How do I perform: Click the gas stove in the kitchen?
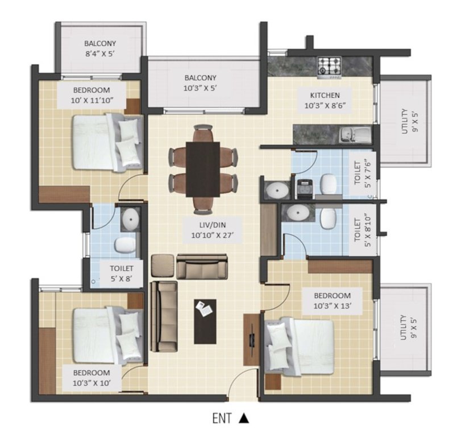pyautogui.click(x=329, y=65)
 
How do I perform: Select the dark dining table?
pyautogui.click(x=203, y=169)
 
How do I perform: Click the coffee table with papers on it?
pyautogui.click(x=205, y=321)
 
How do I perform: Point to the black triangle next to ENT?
pyautogui.click(x=243, y=419)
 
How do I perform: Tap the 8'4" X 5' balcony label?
pyautogui.click(x=100, y=48)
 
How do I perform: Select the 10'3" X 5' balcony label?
pyautogui.click(x=200, y=83)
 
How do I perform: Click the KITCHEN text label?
pyautogui.click(x=325, y=100)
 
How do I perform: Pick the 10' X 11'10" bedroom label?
pyautogui.click(x=91, y=95)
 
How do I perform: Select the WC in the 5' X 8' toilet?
pyautogui.click(x=124, y=245)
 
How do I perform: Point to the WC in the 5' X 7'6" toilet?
pyautogui.click(x=328, y=183)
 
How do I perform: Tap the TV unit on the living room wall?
pyautogui.click(x=251, y=339)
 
